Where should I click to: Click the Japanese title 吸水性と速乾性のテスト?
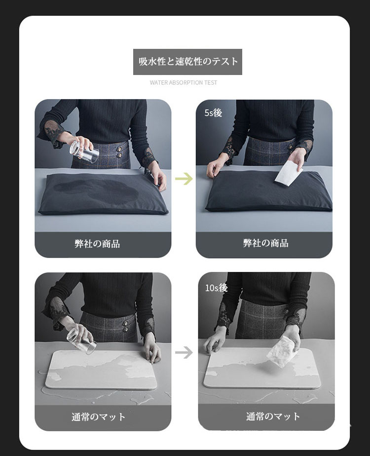pyautogui.click(x=188, y=61)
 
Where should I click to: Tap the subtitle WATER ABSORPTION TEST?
pyautogui.click(x=184, y=82)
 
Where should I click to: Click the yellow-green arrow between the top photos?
pyautogui.click(x=184, y=179)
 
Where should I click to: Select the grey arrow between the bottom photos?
pyautogui.click(x=184, y=352)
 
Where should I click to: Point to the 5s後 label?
pyautogui.click(x=213, y=113)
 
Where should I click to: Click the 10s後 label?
pyautogui.click(x=216, y=288)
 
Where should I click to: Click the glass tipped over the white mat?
pyautogui.click(x=81, y=342)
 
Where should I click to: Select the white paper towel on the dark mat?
pyautogui.click(x=289, y=172)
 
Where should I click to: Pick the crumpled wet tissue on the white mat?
pyautogui.click(x=281, y=351)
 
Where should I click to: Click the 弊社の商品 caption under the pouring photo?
pyautogui.click(x=97, y=244)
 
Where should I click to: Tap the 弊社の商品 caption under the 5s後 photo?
pyautogui.click(x=265, y=243)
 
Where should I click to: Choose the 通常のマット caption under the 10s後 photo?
pyautogui.click(x=273, y=417)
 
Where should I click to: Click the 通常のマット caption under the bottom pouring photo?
pyautogui.click(x=99, y=417)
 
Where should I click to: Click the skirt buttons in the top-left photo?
pyautogui.click(x=119, y=152)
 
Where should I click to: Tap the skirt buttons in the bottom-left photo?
pyautogui.click(x=126, y=326)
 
